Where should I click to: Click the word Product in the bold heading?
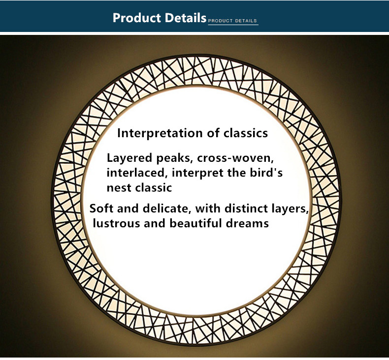click(137, 18)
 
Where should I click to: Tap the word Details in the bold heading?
click(185, 18)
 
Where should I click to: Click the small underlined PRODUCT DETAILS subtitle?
click(232, 21)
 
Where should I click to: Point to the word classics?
click(246, 133)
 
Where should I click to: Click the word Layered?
click(129, 158)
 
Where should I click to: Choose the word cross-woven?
click(235, 158)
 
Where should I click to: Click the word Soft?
click(101, 209)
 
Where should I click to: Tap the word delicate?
click(167, 209)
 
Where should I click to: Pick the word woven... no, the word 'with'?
click(208, 209)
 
